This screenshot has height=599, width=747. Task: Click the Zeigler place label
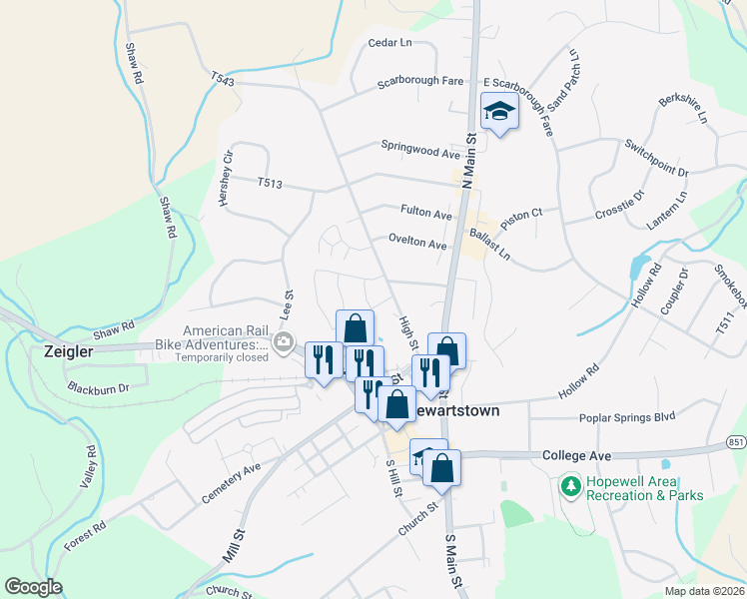click(69, 351)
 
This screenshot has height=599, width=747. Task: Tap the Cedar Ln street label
click(389, 43)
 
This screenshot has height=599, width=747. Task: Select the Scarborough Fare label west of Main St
click(418, 83)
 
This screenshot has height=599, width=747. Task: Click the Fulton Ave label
click(426, 213)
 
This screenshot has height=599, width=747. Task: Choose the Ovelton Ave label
click(417, 243)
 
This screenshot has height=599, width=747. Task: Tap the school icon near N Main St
click(498, 112)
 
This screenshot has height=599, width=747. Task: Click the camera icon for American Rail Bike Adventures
click(284, 345)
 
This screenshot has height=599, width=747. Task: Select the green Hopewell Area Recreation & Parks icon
click(570, 486)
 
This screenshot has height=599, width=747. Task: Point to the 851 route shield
click(735, 441)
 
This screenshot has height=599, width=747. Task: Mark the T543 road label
click(222, 78)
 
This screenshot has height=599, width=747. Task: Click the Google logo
click(33, 587)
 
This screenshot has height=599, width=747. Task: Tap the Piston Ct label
click(521, 214)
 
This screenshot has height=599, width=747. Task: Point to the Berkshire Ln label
click(683, 109)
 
